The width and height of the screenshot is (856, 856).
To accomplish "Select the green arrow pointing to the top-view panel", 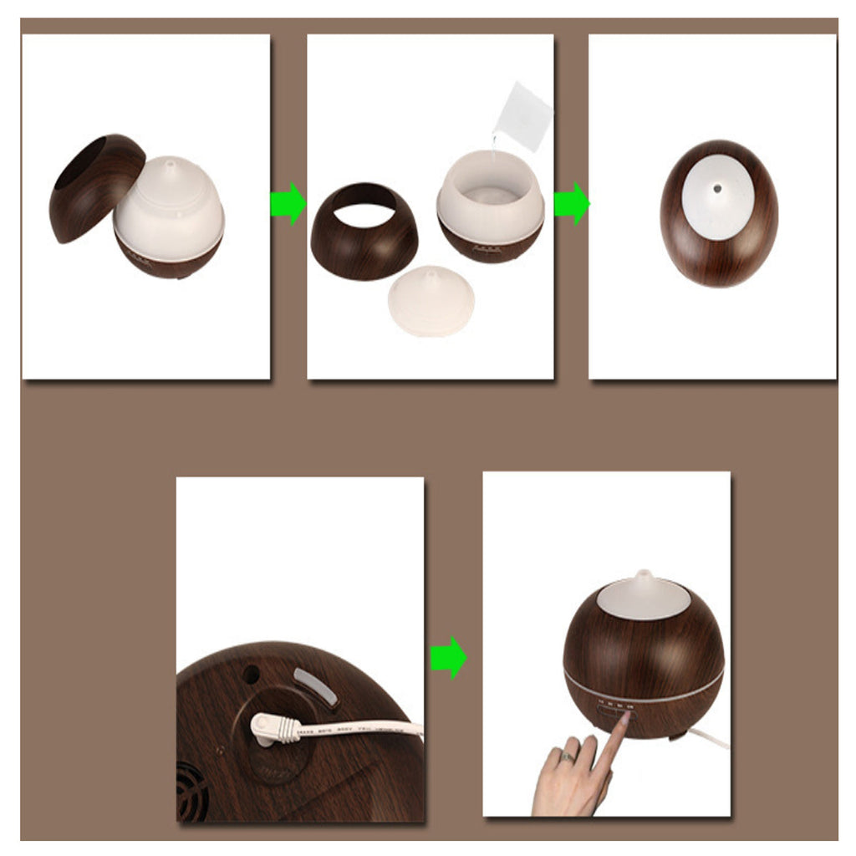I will coord(571,204).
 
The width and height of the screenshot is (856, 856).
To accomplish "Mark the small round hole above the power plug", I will coord(248,672).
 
